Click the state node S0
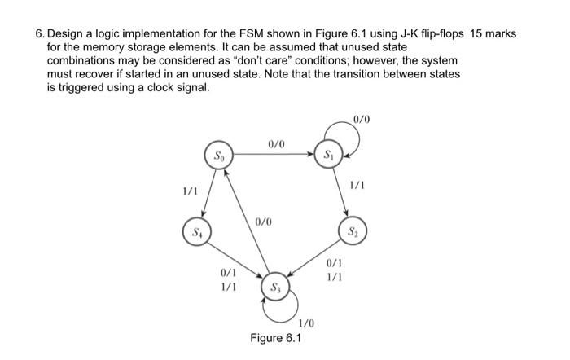pyautogui.click(x=217, y=153)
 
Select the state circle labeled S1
pyautogui.click(x=328, y=153)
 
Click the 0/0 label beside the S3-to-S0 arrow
pyautogui.click(x=263, y=222)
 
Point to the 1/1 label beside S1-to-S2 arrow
pyautogui.click(x=357, y=186)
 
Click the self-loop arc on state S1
pyautogui.click(x=357, y=138)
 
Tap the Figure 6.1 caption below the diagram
pyautogui.click(x=275, y=338)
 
